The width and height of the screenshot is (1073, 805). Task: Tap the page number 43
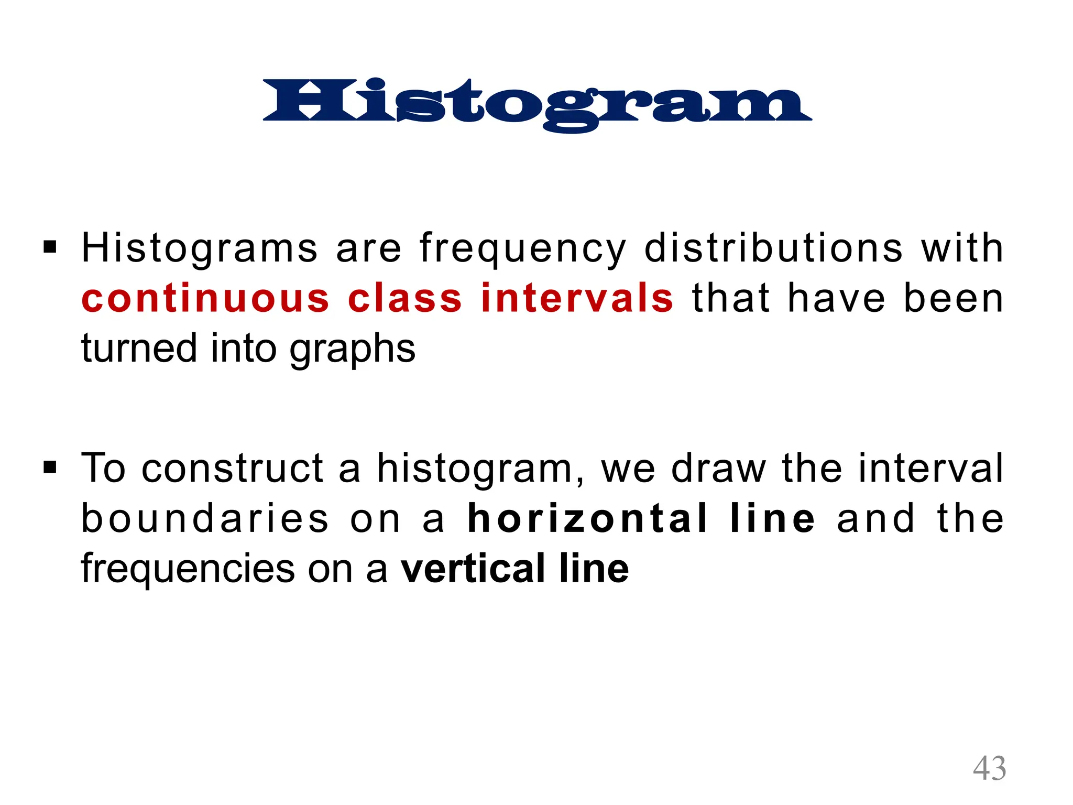click(x=989, y=769)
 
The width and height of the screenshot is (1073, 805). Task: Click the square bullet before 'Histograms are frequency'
click(x=50, y=246)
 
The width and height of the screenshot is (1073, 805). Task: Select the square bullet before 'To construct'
click(x=50, y=466)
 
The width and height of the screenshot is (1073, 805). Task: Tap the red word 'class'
click(x=405, y=298)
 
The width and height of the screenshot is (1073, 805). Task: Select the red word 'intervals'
click(x=576, y=298)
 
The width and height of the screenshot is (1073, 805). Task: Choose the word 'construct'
click(x=232, y=468)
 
